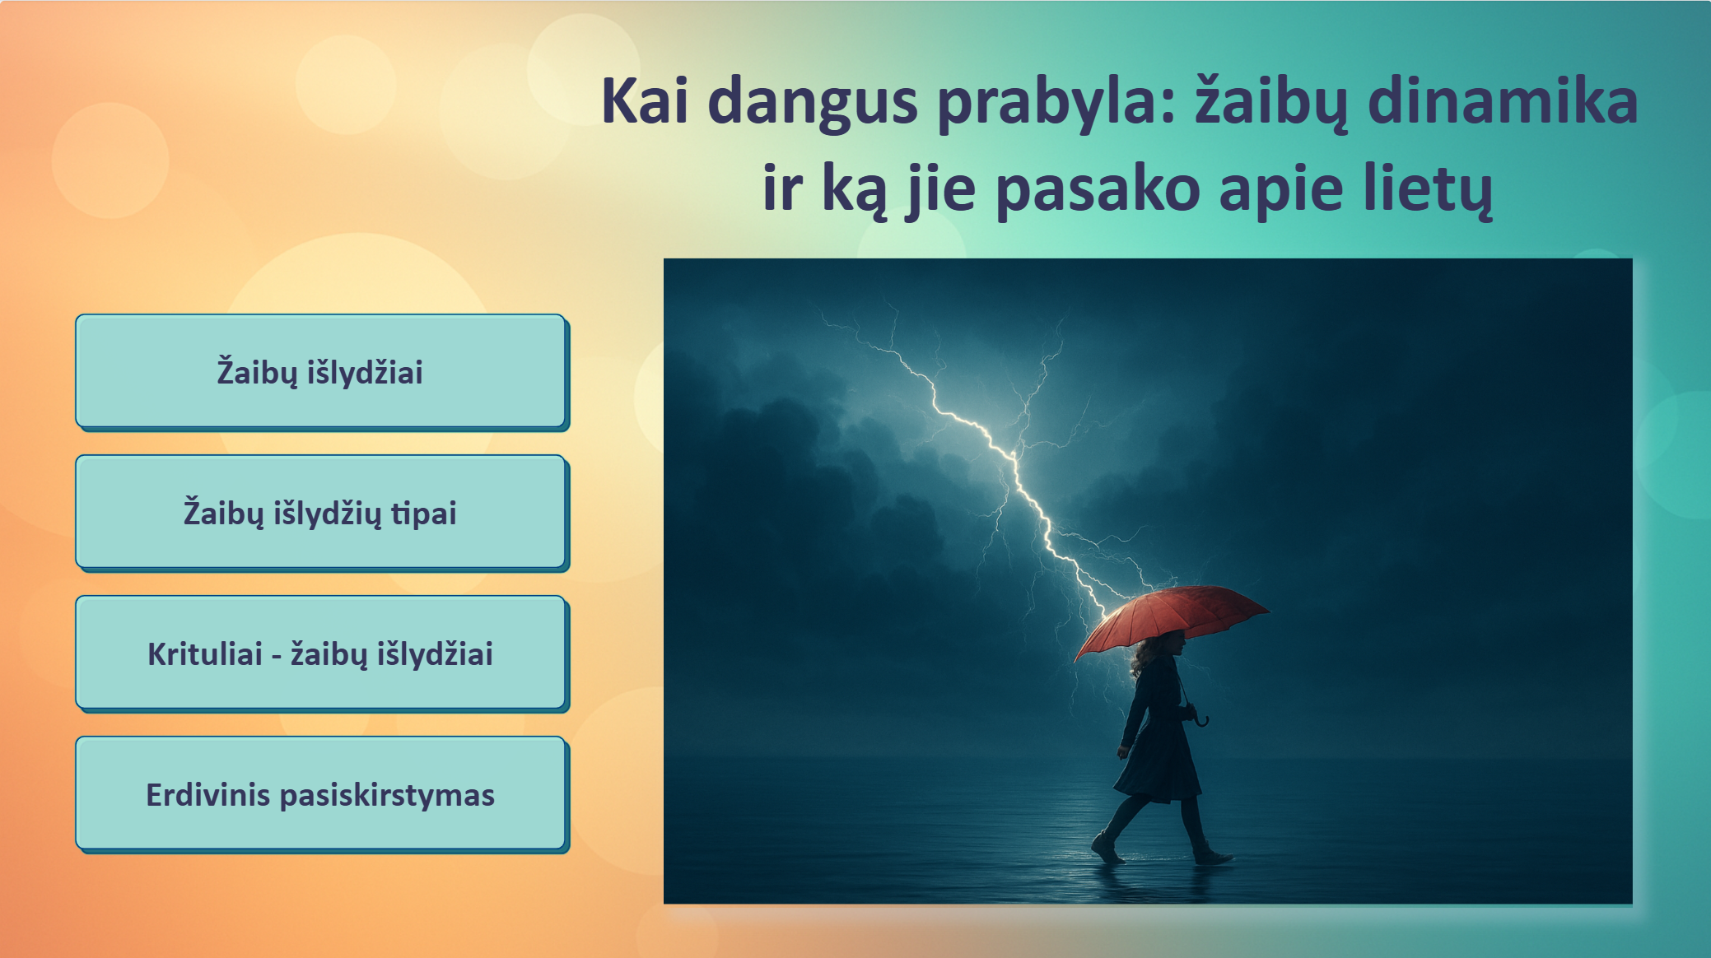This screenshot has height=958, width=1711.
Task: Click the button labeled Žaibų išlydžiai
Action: [321, 372]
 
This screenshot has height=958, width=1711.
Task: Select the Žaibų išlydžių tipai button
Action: [321, 513]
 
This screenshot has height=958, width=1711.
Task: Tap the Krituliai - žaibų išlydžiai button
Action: [321, 653]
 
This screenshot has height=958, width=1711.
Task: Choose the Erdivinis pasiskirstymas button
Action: [321, 794]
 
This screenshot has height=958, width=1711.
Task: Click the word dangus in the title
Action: [812, 104]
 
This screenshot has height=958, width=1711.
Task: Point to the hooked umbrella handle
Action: [1201, 718]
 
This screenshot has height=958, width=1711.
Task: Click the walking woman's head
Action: [1162, 649]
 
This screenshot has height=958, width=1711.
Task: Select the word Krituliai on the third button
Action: [205, 654]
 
